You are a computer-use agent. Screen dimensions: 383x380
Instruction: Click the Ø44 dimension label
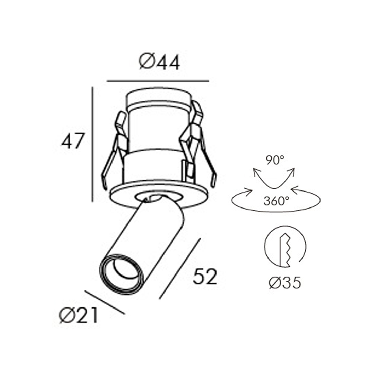159,63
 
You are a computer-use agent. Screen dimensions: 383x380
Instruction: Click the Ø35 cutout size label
285,282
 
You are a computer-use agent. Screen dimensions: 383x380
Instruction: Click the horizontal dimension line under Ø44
157,81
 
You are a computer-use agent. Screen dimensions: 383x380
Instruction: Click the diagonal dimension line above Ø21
105,302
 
